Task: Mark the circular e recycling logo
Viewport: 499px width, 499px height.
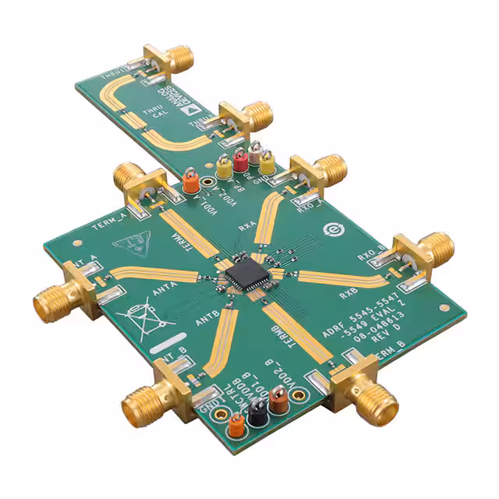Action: pyautogui.click(x=331, y=230)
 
